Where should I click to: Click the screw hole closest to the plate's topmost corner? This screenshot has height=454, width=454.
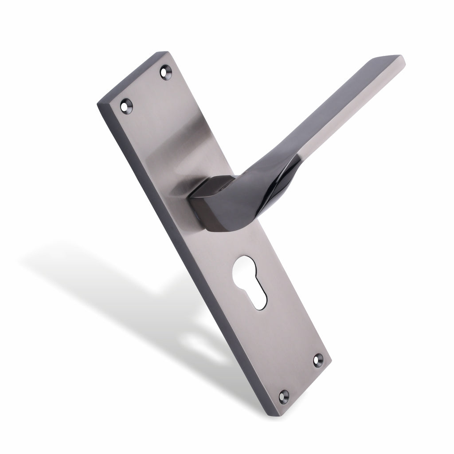point(166,71)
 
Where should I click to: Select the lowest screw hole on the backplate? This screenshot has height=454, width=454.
point(284,395)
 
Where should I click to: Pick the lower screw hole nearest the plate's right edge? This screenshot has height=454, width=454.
point(318,360)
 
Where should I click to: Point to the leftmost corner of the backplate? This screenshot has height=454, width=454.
point(97,105)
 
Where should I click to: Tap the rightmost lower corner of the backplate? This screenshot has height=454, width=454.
point(331,364)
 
